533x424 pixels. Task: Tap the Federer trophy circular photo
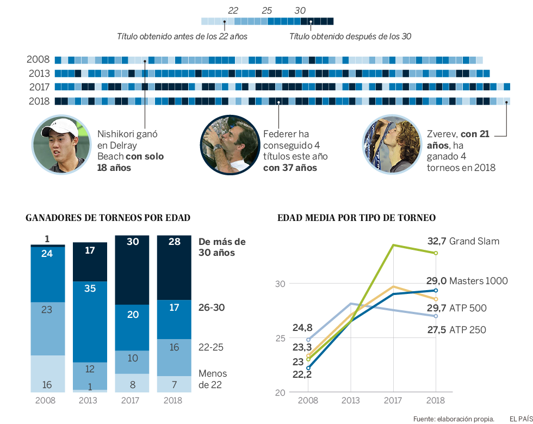coord(226,144)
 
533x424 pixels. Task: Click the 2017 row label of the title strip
coord(39,87)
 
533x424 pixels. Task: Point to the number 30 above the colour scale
coord(300,10)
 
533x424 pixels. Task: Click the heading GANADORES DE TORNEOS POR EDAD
coord(108,218)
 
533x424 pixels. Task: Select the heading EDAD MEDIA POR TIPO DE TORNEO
coord(356,218)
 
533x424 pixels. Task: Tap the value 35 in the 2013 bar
coord(90,288)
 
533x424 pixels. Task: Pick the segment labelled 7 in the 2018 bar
coord(174,384)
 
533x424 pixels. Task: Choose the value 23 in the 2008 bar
coord(47,310)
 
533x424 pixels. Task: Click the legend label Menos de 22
coord(213,379)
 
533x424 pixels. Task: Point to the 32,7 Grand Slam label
coord(463,241)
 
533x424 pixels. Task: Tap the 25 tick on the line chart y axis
coord(280,338)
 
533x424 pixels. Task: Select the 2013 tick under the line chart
coord(350,401)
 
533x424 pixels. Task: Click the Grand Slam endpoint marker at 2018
coord(436,253)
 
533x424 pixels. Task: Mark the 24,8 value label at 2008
coord(302,328)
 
